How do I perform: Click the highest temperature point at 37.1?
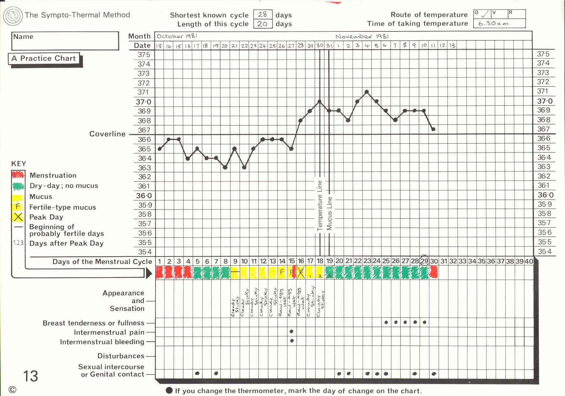tap(367, 92)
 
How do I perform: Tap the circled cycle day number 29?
tap(424, 261)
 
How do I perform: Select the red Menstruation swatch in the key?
tap(18, 175)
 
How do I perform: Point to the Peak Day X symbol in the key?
tap(18, 217)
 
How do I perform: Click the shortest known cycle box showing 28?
tap(262, 15)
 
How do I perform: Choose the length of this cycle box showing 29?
tap(262, 24)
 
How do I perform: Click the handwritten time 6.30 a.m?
tap(494, 24)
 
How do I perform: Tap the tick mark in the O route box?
tap(485, 15)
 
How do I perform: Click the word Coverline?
tap(107, 134)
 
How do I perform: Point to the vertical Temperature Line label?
tap(320, 205)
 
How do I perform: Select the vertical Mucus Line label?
tap(329, 213)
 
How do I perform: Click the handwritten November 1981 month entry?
tap(362, 37)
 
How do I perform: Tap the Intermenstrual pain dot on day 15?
tap(292, 331)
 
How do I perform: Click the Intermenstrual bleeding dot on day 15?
tap(292, 341)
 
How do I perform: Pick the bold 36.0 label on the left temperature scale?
tap(144, 196)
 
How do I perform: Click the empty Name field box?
tap(65, 41)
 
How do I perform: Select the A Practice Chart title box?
tap(44, 59)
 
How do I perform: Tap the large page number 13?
tap(30, 376)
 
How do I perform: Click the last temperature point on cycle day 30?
tap(433, 129)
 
